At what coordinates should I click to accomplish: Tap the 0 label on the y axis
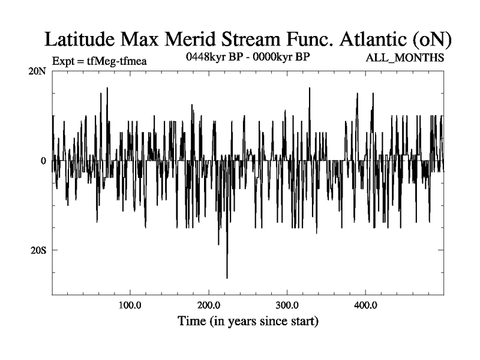pos(43,161)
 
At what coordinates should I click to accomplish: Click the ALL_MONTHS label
pos(405,59)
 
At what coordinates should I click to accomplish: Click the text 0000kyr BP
pos(282,58)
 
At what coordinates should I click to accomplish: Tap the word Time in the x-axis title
pos(191,322)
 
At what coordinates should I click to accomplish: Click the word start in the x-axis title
pos(304,322)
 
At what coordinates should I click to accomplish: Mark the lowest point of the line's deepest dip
pos(227,278)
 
